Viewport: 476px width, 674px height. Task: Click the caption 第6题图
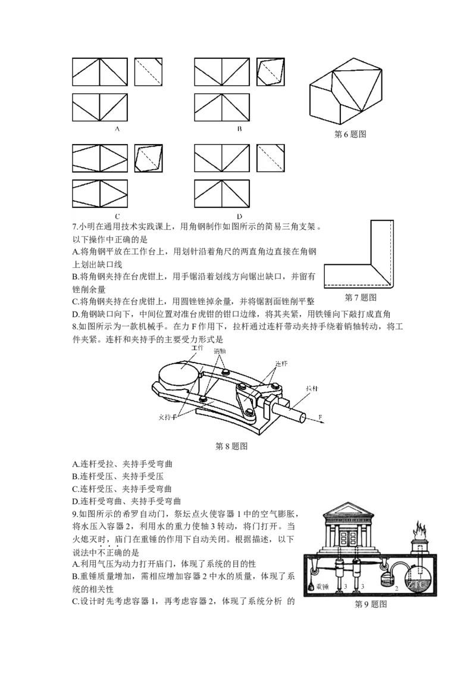(350, 135)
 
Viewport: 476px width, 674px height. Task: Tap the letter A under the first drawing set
(117, 129)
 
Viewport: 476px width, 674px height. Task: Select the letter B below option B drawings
(239, 129)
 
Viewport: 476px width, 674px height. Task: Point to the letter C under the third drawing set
(117, 216)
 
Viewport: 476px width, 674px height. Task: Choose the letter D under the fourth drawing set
(239, 216)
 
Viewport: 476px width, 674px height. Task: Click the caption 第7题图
(361, 298)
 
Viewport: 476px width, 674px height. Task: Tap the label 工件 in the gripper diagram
(197, 347)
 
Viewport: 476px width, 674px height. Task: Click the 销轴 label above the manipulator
(220, 351)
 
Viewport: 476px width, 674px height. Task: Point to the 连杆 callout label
(281, 364)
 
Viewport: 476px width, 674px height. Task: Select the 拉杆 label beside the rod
(312, 389)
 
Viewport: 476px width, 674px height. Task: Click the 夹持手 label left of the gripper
(168, 417)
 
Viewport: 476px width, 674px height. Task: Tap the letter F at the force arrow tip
(320, 417)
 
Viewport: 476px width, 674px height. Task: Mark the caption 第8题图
(231, 446)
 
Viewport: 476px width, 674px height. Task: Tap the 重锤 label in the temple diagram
(322, 586)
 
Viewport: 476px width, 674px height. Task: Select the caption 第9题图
(371, 604)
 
